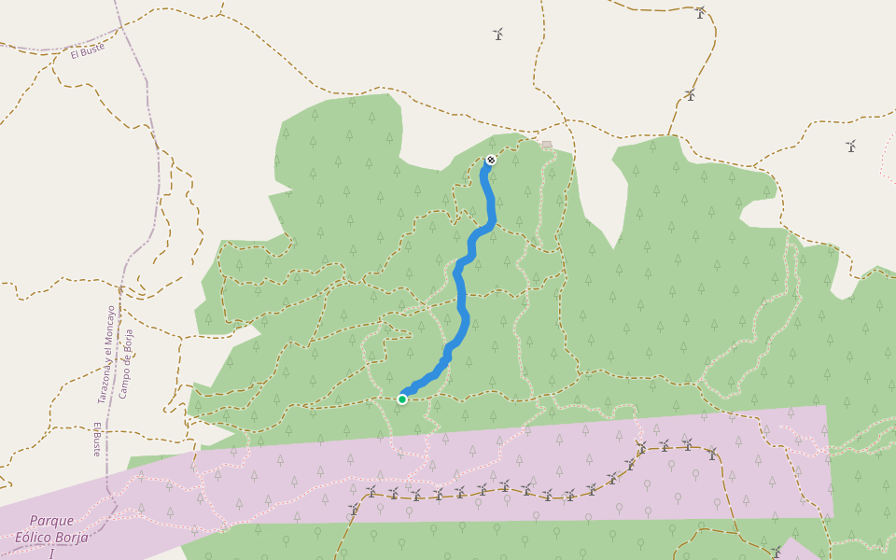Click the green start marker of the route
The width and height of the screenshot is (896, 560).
(x=402, y=399)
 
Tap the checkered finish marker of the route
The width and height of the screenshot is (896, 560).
(x=491, y=161)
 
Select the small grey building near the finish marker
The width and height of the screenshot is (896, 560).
(x=547, y=145)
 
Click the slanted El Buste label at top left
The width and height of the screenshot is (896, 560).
(x=88, y=52)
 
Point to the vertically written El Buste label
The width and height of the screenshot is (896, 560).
(x=96, y=439)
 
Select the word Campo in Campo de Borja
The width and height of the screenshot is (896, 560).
(x=123, y=384)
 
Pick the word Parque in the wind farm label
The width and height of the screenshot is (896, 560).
(x=51, y=521)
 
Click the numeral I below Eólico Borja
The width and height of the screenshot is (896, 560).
(x=51, y=553)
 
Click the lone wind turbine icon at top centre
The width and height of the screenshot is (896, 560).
(x=497, y=35)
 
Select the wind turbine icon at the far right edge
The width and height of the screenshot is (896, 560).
(x=850, y=146)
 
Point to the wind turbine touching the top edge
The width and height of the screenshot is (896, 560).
(x=700, y=12)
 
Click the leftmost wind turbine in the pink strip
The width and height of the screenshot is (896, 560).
(x=354, y=510)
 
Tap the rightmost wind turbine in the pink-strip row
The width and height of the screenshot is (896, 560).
(x=712, y=454)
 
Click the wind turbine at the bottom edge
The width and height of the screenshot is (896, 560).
(x=776, y=552)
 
